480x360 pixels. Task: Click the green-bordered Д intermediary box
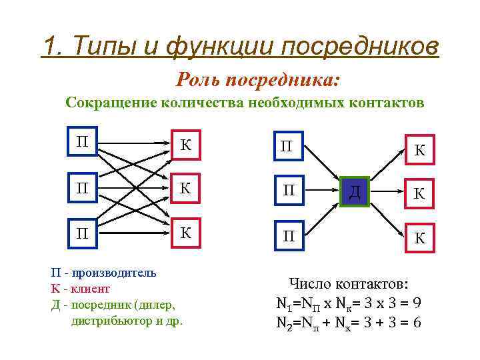click(355, 193)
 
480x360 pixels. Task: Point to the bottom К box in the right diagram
click(419, 237)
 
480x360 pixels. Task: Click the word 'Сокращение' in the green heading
click(107, 103)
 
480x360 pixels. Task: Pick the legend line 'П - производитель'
click(104, 272)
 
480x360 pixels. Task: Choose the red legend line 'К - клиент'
click(81, 289)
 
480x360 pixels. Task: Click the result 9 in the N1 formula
click(416, 303)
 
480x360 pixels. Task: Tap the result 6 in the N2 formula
click(416, 323)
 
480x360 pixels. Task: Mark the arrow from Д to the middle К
click(386, 192)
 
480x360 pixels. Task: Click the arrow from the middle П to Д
click(319, 192)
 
